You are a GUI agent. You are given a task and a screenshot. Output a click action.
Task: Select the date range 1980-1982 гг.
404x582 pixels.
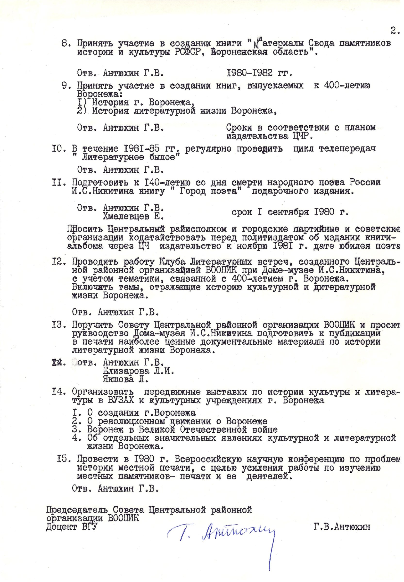click(x=259, y=73)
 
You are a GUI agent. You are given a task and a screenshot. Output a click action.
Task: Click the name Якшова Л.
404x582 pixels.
click(x=126, y=380)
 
